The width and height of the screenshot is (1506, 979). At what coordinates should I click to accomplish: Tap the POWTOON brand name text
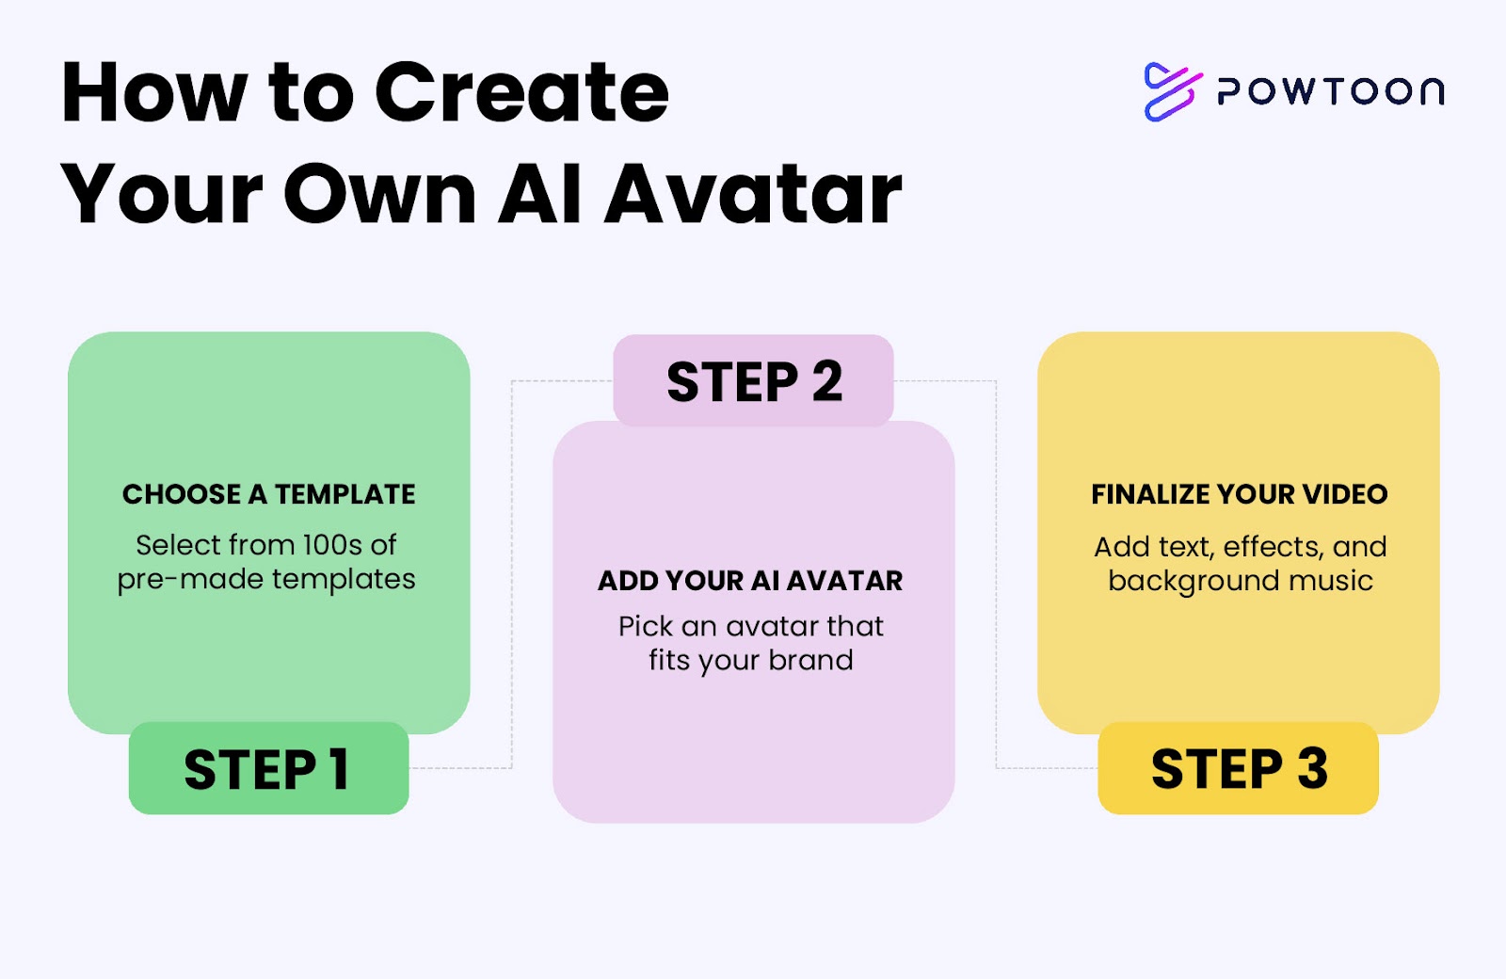[1331, 91]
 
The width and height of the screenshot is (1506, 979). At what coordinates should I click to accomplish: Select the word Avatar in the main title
[753, 194]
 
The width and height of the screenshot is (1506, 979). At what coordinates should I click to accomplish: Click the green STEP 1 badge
[269, 768]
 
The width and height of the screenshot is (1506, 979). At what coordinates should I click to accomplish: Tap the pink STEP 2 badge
[754, 380]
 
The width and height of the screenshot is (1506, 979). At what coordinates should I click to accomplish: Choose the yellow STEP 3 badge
[1239, 768]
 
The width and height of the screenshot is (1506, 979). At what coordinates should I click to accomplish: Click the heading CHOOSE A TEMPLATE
[269, 494]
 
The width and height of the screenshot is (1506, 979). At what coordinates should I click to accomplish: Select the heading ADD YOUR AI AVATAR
[750, 581]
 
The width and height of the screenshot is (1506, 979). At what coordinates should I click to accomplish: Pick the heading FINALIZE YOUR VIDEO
[1239, 494]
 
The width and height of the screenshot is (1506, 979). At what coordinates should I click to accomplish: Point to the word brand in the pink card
[810, 660]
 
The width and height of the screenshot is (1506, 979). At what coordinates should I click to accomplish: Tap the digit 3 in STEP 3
[1312, 768]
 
